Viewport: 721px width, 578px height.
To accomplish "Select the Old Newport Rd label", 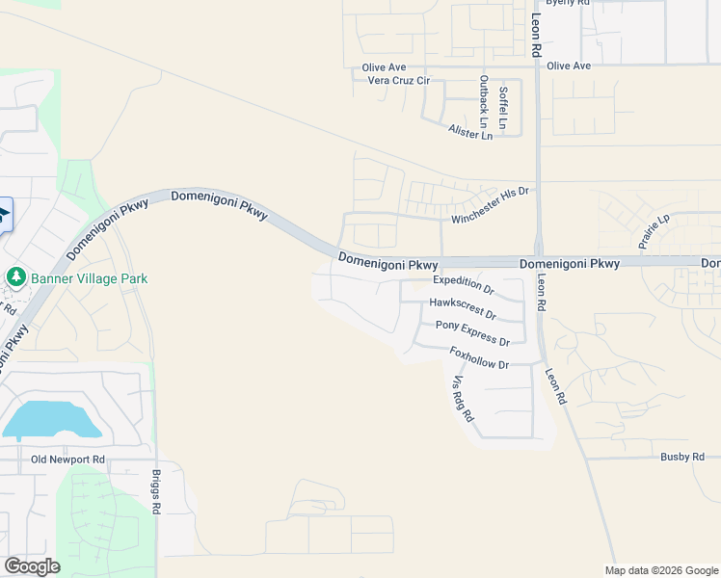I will coord(67,460).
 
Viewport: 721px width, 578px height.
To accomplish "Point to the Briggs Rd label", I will coord(156,491).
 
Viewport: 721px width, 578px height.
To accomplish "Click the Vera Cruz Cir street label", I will coord(398,81).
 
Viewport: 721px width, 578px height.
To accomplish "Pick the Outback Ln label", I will coord(484,97).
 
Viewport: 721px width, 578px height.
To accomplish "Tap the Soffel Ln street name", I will coord(503,108).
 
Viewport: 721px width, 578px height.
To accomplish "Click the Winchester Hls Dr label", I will coord(491,205).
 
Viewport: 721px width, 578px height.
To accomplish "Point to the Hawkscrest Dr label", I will coord(463,308).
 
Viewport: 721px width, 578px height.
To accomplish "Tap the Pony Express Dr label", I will coord(472,334).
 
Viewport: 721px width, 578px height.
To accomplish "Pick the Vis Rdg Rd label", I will coord(463,398).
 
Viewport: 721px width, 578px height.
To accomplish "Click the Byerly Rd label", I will coord(567,3).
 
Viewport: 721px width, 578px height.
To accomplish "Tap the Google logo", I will coord(32,566).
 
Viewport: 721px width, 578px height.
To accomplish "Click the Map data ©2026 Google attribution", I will coord(662,570).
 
